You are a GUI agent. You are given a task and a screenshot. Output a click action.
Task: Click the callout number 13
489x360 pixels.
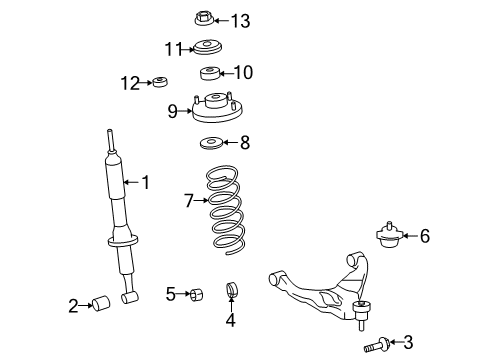click(240, 21)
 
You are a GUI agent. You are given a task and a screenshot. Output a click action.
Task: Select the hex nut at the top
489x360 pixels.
click(204, 18)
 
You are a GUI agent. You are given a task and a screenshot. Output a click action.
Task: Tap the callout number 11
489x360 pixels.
click(174, 49)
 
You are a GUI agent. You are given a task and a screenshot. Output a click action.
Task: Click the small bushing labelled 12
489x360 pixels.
click(160, 82)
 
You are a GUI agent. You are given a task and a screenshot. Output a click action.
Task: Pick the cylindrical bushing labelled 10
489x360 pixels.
click(210, 73)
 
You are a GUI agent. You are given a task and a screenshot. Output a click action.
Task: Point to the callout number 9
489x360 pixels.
click(172, 111)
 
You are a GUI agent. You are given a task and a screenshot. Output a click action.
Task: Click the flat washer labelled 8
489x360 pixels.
click(211, 143)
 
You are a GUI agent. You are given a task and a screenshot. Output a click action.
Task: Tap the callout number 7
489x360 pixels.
click(189, 201)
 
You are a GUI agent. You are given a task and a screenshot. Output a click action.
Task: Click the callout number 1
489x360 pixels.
click(146, 183)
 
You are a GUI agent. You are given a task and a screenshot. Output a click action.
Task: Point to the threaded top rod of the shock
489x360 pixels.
click(110, 140)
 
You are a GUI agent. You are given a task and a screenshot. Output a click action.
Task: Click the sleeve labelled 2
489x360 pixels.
click(101, 303)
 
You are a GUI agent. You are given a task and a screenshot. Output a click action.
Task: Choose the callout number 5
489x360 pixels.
click(171, 294)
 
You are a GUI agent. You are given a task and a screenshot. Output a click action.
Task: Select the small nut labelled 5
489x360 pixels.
click(196, 295)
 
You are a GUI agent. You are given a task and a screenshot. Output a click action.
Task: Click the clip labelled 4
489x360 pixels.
click(232, 289)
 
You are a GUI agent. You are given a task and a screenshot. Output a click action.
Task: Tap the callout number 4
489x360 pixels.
click(231, 320)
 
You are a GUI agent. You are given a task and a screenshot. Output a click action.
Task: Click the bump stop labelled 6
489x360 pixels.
click(389, 235)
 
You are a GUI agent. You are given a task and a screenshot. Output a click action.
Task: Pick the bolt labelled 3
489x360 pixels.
click(376, 345)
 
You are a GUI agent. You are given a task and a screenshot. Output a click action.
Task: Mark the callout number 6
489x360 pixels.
click(425, 236)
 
